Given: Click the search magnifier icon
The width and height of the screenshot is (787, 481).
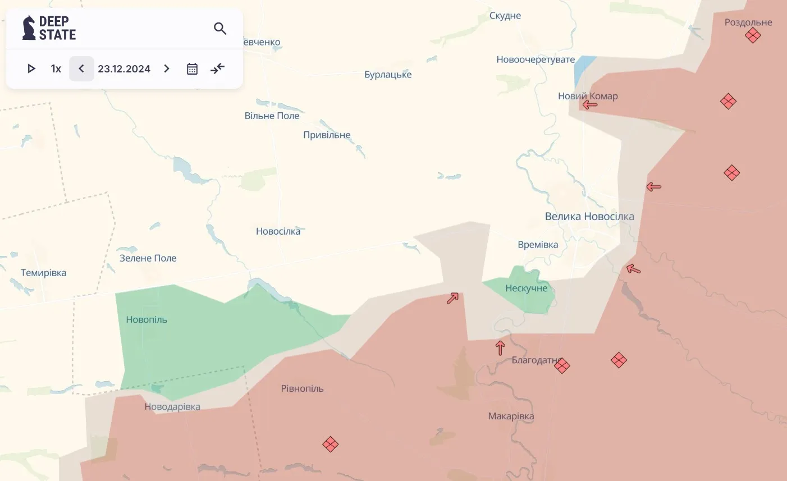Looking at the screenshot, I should pos(220,29).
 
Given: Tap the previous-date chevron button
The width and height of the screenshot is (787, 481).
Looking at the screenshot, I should pos(81,68).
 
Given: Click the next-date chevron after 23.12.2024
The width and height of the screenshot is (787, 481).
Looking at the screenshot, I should pos(167,68).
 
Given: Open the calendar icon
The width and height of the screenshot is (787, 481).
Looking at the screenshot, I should pos(192,68).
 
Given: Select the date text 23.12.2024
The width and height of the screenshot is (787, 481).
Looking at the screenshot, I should pos(124,68).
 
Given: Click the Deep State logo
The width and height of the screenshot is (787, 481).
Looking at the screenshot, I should pos(49,28).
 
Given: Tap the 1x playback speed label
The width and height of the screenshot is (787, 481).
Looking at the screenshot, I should pos(56,68).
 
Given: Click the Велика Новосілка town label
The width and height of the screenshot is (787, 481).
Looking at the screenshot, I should pos(589,216).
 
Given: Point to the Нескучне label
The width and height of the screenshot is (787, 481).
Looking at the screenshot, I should pos(526,288).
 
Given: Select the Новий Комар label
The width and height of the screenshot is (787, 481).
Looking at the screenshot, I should pos(588,96).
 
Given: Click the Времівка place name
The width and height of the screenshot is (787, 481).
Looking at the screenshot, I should pos(538,245).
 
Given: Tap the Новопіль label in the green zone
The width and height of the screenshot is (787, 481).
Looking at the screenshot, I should pos(147,319).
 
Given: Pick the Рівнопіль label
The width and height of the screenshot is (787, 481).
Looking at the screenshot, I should pos(302,388).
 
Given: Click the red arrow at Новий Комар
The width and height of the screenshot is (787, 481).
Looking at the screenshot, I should pos(589,104).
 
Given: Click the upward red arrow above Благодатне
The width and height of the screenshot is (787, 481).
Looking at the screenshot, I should pos(500,348).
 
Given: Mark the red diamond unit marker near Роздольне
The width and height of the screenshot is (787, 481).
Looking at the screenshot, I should pos(753,35).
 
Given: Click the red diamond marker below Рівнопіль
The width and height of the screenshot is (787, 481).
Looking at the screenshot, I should pos(331,445).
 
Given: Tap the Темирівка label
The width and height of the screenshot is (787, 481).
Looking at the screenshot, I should pos(43,273).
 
